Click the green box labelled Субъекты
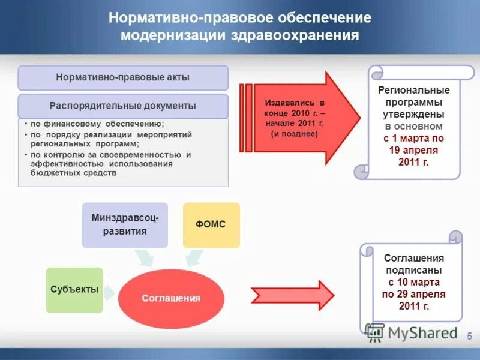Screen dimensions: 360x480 [x=74, y=290]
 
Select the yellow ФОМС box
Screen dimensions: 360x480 [x=211, y=225]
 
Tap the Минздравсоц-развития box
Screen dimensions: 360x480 [x=125, y=225]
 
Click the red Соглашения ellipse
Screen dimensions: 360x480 [x=171, y=298]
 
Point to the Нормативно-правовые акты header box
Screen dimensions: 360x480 [x=123, y=78]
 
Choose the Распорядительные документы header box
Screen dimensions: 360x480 [x=123, y=106]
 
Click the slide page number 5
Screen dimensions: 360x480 [x=469, y=335]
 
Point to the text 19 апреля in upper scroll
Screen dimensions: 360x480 [x=413, y=150]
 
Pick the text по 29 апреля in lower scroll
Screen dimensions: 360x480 [x=413, y=294]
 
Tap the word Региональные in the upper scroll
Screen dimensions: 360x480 [x=413, y=90]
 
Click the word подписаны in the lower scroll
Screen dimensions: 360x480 [x=413, y=270]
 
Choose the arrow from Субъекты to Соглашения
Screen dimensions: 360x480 [x=110, y=292]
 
